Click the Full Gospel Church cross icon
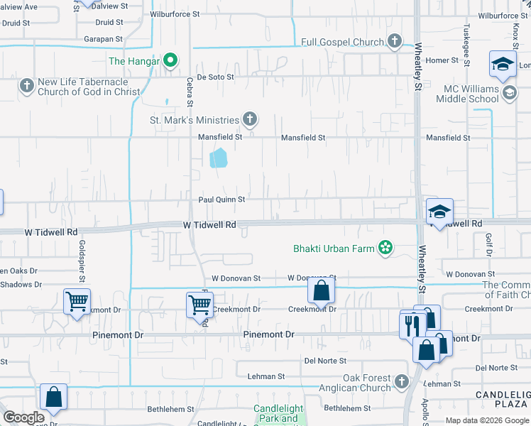tap(395, 42)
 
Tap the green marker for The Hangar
tap(170, 61)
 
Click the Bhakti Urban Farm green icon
tap(385, 248)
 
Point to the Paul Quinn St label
tap(221, 200)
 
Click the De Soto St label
tap(214, 77)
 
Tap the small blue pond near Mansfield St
tap(218, 157)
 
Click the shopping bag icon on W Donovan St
tap(321, 290)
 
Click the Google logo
tap(23, 417)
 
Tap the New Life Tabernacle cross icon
tap(26, 86)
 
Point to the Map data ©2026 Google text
tap(486, 420)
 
